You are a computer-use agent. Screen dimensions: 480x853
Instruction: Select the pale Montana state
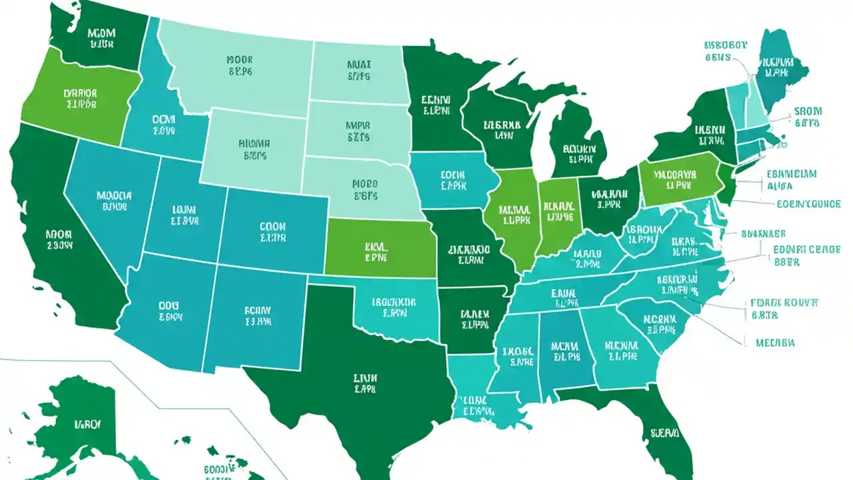tap(240, 67)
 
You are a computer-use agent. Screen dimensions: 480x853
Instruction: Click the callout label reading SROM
tap(808, 111)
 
